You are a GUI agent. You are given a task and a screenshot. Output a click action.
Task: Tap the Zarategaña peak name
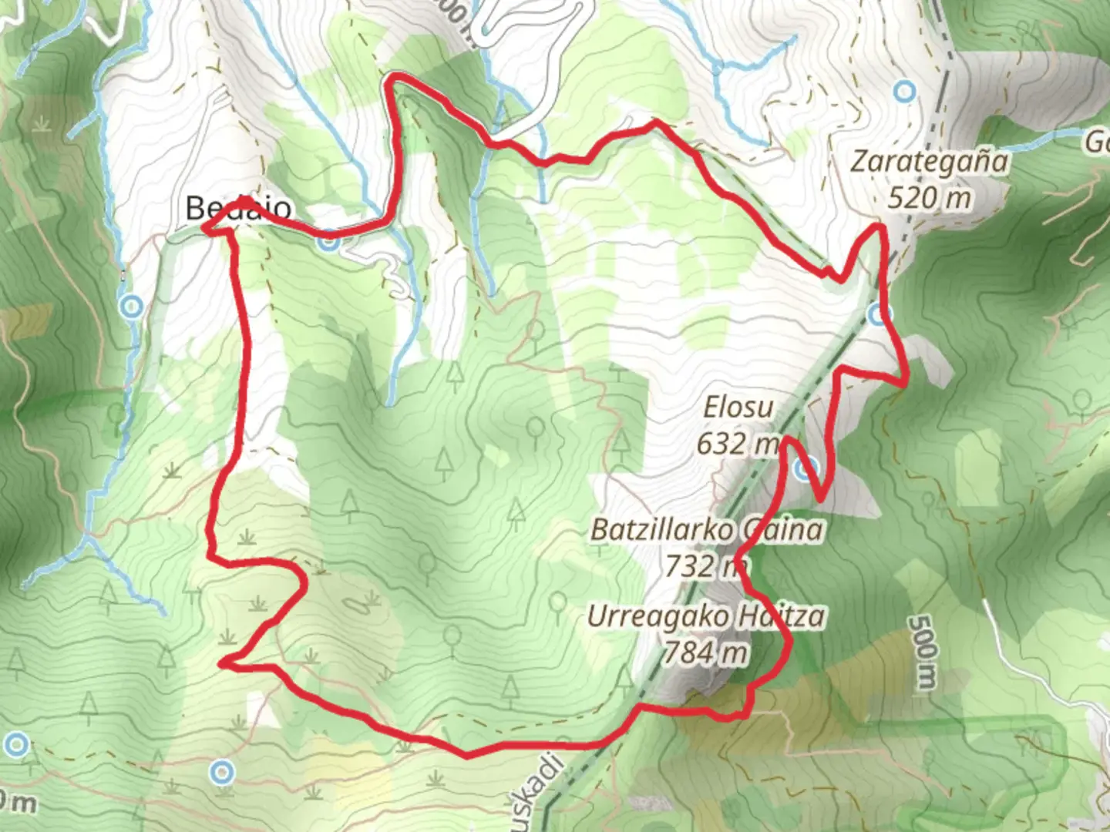(x=929, y=162)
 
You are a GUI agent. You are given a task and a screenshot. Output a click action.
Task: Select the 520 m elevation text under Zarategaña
(x=928, y=198)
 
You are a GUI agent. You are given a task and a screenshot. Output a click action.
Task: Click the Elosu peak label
(x=738, y=407)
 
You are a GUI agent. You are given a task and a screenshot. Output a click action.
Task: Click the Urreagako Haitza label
(x=705, y=616)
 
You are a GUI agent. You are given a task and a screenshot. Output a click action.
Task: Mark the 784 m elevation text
(x=705, y=653)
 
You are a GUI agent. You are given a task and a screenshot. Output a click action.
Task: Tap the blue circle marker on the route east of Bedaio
(x=328, y=241)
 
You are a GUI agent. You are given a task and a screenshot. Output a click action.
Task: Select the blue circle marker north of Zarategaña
(x=905, y=92)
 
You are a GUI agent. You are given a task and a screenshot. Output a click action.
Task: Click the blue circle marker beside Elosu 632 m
(x=805, y=468)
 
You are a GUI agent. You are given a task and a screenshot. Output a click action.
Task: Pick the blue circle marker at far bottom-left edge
(x=16, y=744)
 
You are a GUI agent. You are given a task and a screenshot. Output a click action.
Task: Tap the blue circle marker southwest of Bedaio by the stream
(x=132, y=307)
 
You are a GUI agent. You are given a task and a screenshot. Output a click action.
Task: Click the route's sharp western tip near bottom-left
(x=222, y=662)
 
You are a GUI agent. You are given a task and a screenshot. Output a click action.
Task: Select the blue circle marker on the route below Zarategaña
(x=879, y=314)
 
